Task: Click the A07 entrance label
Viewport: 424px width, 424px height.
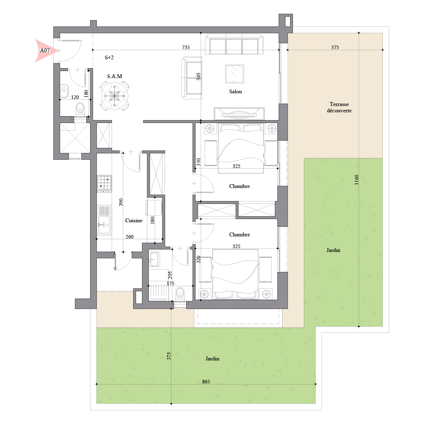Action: [x=45, y=51]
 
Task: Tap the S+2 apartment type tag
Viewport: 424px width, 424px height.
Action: [x=109, y=58]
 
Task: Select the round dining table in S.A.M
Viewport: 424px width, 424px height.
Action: [x=114, y=96]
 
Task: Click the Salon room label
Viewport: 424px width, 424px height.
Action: [x=235, y=92]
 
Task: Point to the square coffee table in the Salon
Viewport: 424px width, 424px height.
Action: [x=235, y=74]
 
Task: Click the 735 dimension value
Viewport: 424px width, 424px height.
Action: [x=186, y=47]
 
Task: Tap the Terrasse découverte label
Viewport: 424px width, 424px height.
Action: [x=339, y=107]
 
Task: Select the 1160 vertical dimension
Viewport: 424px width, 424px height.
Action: [x=357, y=179]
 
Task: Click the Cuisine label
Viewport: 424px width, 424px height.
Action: [x=134, y=220]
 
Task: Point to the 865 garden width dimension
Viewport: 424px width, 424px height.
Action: [x=206, y=382]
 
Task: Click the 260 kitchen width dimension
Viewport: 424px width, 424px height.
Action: [x=129, y=237]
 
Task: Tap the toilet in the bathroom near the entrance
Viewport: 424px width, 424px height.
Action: [x=80, y=109]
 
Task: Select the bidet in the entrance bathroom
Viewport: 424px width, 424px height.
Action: [x=64, y=90]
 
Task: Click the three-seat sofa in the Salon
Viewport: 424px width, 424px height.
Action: [x=234, y=44]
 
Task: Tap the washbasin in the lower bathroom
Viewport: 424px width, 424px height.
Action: [x=154, y=259]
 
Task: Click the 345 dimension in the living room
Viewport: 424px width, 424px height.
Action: [x=199, y=77]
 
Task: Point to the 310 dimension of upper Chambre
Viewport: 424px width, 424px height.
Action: [x=199, y=162]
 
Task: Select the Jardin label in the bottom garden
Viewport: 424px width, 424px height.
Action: [x=212, y=359]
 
